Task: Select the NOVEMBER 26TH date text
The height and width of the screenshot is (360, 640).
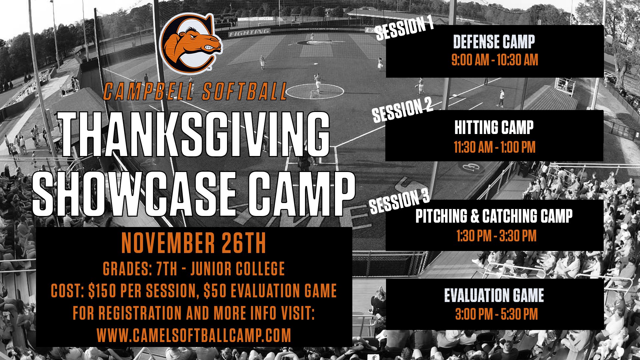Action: click(194, 244)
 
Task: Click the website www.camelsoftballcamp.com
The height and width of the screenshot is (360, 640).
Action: click(194, 335)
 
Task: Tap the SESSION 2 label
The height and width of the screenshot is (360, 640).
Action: click(402, 110)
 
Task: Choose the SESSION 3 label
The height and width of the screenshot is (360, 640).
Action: click(399, 202)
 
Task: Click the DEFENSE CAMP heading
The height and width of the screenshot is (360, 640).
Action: click(494, 42)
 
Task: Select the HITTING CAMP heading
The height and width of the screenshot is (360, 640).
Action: click(494, 128)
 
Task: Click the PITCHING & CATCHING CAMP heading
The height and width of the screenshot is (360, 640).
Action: click(494, 216)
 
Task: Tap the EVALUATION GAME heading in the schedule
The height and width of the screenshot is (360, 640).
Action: click(494, 295)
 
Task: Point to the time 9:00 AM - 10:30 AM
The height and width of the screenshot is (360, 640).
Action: click(494, 60)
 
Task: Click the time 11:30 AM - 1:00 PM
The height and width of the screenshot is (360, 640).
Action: click(494, 147)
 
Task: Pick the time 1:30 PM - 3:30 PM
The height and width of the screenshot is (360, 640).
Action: click(496, 236)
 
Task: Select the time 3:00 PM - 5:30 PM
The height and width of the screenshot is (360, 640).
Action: click(496, 314)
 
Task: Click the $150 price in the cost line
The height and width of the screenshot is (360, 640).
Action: click(103, 291)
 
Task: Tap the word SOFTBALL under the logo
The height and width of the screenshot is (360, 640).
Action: click(244, 92)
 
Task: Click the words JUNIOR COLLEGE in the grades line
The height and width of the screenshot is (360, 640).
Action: click(238, 269)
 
